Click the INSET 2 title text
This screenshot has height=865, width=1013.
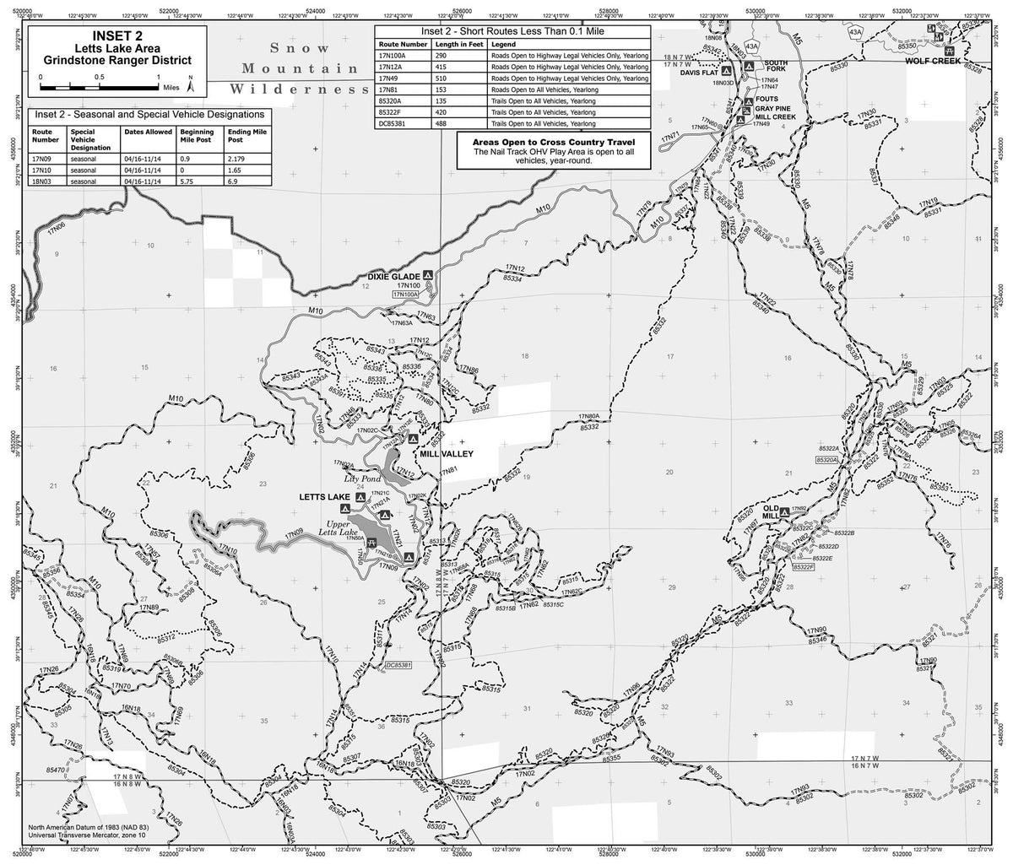pyautogui.click(x=111, y=36)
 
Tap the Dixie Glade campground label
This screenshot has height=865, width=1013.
pyautogui.click(x=394, y=275)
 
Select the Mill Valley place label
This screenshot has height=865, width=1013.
pyautogui.click(x=446, y=453)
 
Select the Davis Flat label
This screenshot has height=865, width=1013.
pyautogui.click(x=697, y=73)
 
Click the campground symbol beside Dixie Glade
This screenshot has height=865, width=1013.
pyautogui.click(x=428, y=275)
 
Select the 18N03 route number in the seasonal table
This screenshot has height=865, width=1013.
pyautogui.click(x=42, y=181)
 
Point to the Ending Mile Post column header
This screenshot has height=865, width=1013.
pyautogui.click(x=244, y=137)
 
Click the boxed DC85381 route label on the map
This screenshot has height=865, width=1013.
pyautogui.click(x=396, y=666)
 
